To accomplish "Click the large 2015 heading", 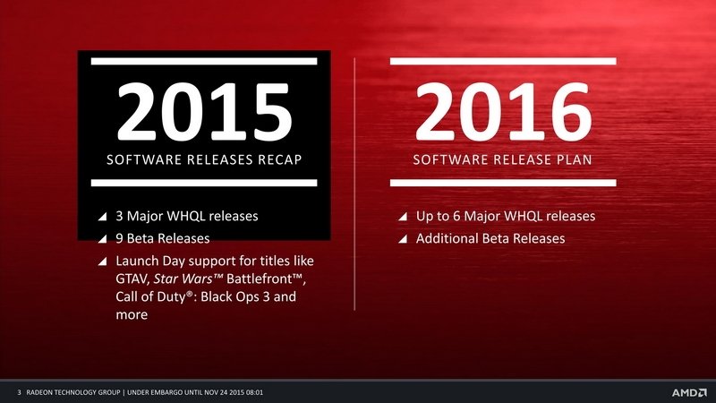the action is click(x=204, y=113).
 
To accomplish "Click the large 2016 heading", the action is click(x=503, y=113).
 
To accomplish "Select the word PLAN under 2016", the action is click(x=574, y=159).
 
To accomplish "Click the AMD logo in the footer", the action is click(x=689, y=392).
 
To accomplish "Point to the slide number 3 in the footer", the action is click(x=19, y=392).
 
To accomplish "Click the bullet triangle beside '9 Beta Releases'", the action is click(x=102, y=238).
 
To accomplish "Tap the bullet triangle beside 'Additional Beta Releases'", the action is click(x=402, y=238).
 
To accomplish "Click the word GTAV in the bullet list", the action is click(x=132, y=279).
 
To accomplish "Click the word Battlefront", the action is click(x=260, y=279).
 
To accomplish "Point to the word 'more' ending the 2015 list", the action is click(x=132, y=315).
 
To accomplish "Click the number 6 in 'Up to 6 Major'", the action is click(x=456, y=216).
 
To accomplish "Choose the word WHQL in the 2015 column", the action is click(x=186, y=216).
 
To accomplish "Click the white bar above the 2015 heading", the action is click(x=204, y=61).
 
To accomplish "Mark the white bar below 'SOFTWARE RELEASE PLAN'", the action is click(x=503, y=183).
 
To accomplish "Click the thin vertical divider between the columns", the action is click(x=354, y=184).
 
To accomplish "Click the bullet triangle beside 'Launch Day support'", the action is click(x=102, y=261).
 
